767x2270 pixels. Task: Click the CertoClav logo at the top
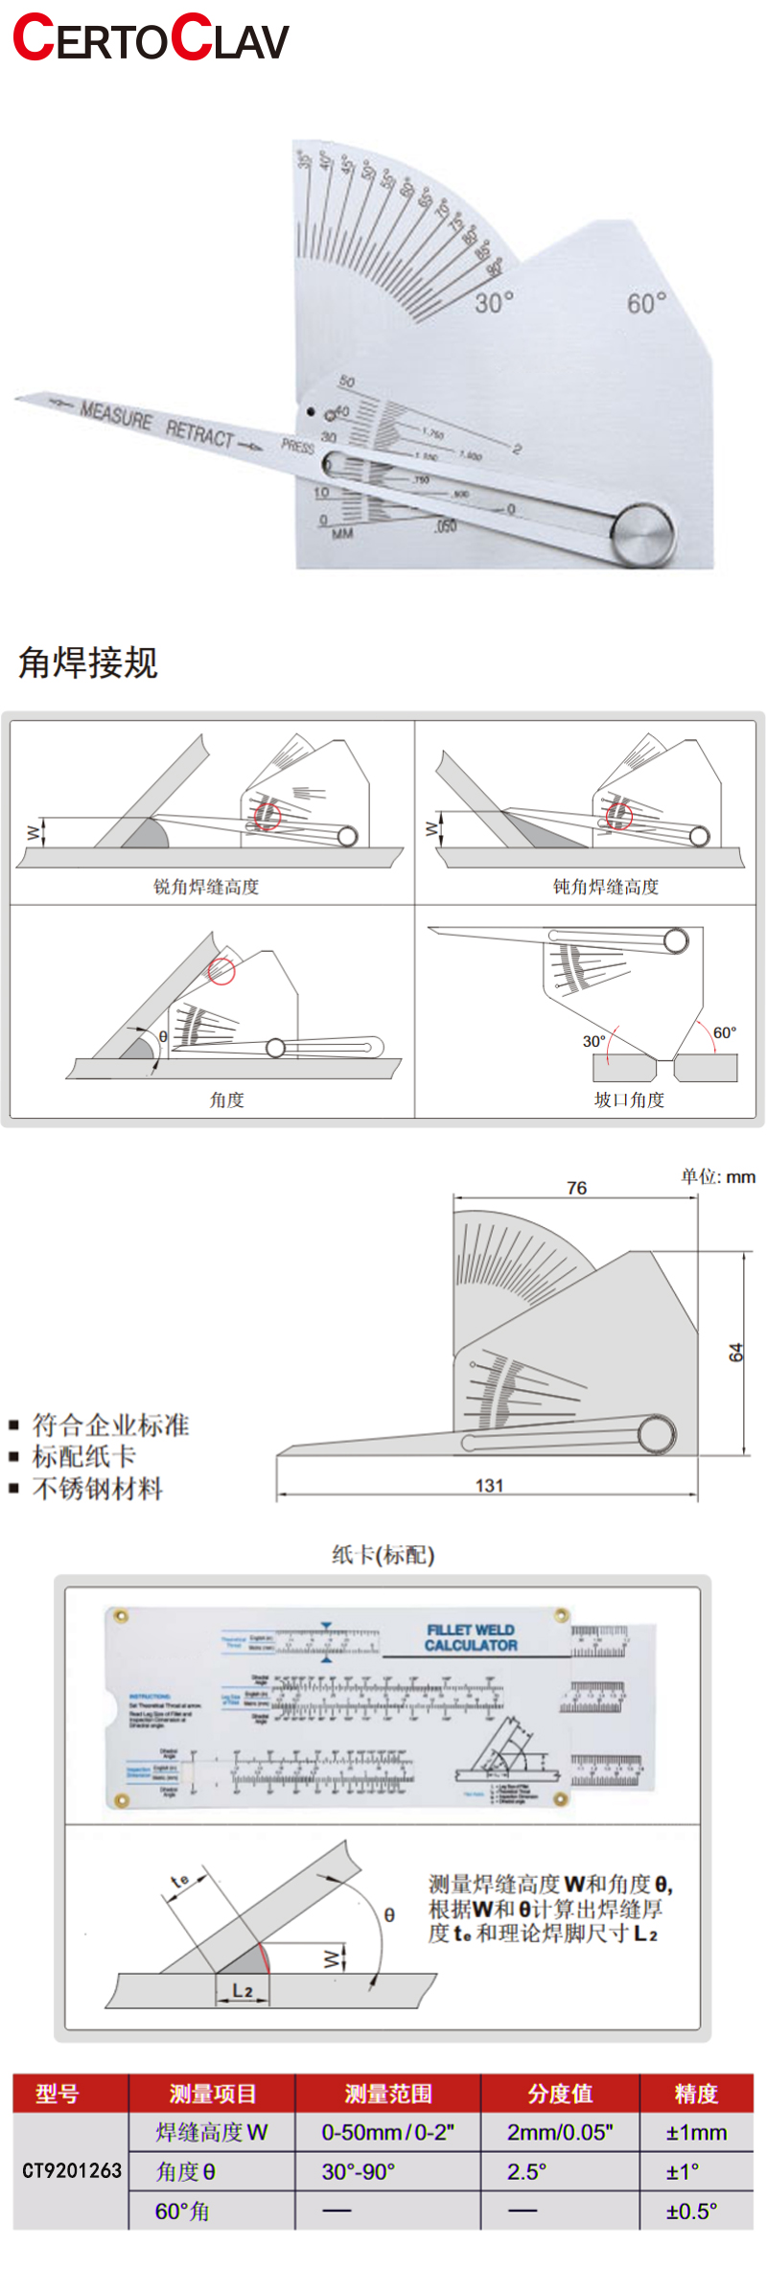[151, 38]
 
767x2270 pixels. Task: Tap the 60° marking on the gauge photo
[646, 304]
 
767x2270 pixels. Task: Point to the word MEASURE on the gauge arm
[116, 414]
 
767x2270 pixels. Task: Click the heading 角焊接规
[88, 662]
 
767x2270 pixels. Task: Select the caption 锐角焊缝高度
[206, 887]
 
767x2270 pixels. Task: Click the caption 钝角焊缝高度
[606, 887]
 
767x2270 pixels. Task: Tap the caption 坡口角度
[629, 1100]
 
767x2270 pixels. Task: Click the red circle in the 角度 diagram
[221, 971]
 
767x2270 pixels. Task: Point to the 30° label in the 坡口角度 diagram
[594, 1041]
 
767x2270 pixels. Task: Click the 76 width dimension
[576, 1188]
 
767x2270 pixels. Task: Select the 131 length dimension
[489, 1485]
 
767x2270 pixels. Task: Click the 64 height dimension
[735, 1353]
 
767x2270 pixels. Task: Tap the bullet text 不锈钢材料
[98, 1489]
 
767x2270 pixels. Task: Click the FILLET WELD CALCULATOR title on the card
[471, 1637]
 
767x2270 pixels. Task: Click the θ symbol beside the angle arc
[389, 1914]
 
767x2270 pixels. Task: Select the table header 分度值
[560, 2094]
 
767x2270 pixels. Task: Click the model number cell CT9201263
[72, 2170]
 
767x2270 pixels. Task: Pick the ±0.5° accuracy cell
[691, 2211]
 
